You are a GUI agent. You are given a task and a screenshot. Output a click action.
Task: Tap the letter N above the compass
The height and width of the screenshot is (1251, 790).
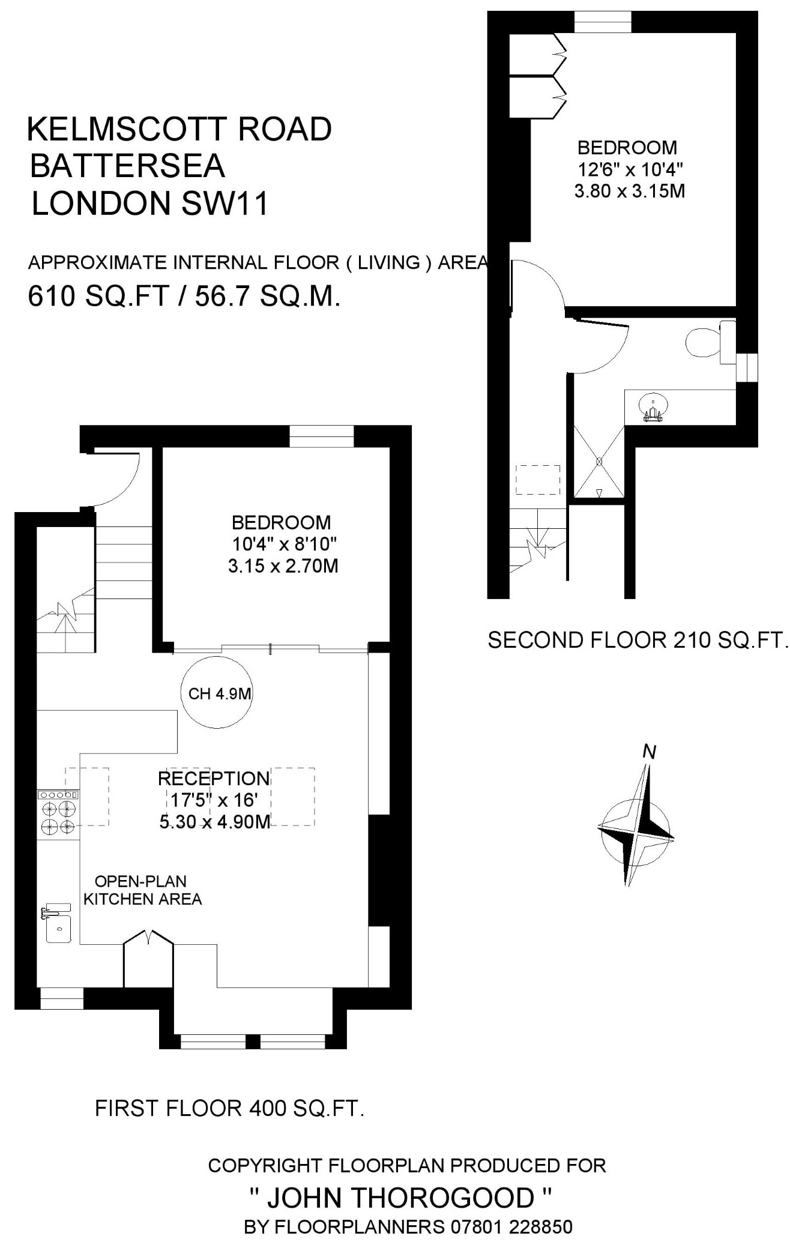click(649, 752)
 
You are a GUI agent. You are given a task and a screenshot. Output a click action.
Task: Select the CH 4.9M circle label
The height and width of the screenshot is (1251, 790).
click(219, 694)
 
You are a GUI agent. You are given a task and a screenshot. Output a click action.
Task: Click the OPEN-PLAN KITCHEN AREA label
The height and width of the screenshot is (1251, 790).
click(142, 890)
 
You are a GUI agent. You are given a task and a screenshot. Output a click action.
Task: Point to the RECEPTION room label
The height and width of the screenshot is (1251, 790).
click(214, 779)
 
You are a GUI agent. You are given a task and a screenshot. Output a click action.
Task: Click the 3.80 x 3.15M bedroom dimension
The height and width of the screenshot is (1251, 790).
click(630, 191)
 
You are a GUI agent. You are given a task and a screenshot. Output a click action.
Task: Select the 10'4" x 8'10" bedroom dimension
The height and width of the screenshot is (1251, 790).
click(285, 544)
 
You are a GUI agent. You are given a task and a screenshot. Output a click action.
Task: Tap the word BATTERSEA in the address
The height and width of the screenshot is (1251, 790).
click(127, 166)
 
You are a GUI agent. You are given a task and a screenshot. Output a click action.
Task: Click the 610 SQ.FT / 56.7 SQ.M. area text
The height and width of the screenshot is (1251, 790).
click(185, 296)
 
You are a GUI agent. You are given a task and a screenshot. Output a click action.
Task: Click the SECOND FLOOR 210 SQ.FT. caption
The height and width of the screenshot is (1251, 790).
click(637, 641)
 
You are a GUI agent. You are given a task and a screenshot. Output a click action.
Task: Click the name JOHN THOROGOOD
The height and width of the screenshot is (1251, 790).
click(400, 1198)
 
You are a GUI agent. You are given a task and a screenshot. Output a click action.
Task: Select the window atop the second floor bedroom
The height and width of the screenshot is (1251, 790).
click(603, 22)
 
